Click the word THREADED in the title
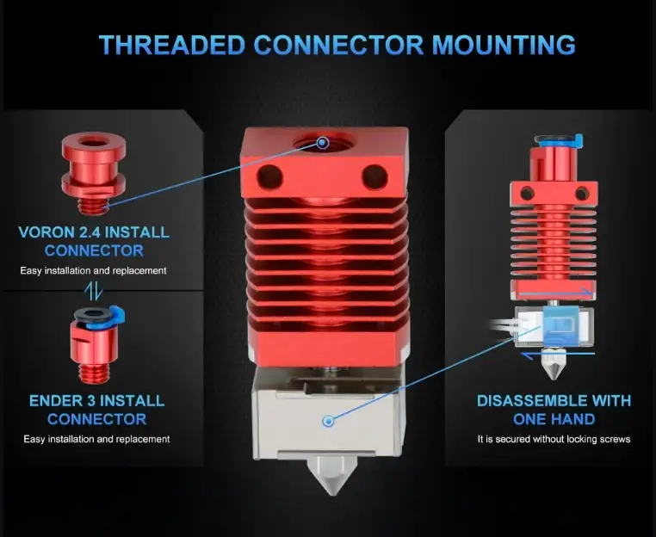point(171,45)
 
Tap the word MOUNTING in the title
point(504,45)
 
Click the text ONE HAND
point(554,419)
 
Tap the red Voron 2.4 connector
point(94,173)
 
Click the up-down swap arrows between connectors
point(93,290)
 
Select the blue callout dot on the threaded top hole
point(322,143)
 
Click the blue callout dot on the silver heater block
point(329,421)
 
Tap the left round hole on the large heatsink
point(269,176)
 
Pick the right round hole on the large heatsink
point(374,176)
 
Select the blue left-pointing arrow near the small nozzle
point(558,355)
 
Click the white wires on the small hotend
point(504,326)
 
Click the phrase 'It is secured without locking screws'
point(554,439)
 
